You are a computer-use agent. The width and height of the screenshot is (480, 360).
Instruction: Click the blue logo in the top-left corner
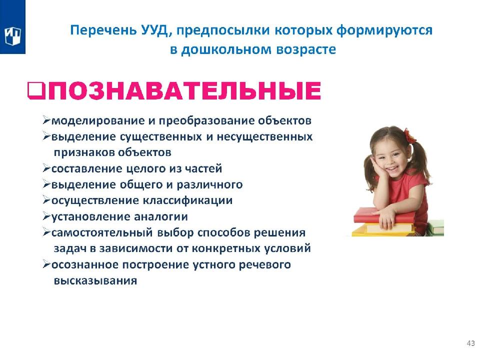[x=12, y=27]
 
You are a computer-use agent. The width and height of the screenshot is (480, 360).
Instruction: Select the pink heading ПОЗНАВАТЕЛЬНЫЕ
[x=184, y=90]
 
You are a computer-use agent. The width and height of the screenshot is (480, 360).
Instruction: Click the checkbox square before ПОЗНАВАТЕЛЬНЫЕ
[x=36, y=91]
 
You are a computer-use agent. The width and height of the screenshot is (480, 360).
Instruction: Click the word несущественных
[x=265, y=136]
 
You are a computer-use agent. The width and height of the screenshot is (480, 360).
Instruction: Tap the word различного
[x=209, y=185]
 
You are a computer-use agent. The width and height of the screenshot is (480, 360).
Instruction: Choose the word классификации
[x=188, y=201]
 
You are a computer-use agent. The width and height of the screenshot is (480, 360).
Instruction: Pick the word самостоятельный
[x=102, y=233]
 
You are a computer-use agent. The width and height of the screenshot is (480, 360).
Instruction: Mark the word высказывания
[x=95, y=281]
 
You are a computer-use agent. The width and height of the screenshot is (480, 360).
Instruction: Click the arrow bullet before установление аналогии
[x=46, y=216]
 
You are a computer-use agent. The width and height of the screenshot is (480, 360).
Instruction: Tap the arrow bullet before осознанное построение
[x=46, y=264]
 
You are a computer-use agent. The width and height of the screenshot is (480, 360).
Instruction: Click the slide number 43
[x=471, y=343]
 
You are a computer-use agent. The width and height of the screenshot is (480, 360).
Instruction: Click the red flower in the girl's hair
[x=409, y=136]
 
